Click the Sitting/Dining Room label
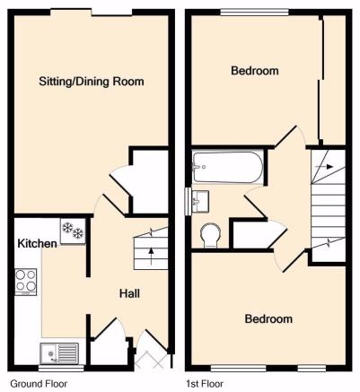(x=92, y=82)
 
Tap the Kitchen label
(x=37, y=243)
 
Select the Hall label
(x=129, y=293)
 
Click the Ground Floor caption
(x=39, y=384)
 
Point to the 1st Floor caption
(x=205, y=384)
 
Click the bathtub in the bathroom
(x=228, y=167)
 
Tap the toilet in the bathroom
(x=210, y=235)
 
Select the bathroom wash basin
(x=200, y=202)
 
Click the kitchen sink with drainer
(x=59, y=353)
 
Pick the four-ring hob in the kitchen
(x=26, y=282)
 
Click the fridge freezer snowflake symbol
(x=73, y=231)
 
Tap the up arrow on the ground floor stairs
(x=151, y=257)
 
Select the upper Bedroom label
(x=255, y=71)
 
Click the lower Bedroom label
(x=268, y=318)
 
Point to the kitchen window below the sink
(x=61, y=369)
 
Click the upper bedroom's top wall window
(x=255, y=13)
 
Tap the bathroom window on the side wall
(x=189, y=201)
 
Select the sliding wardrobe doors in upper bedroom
(x=320, y=80)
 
